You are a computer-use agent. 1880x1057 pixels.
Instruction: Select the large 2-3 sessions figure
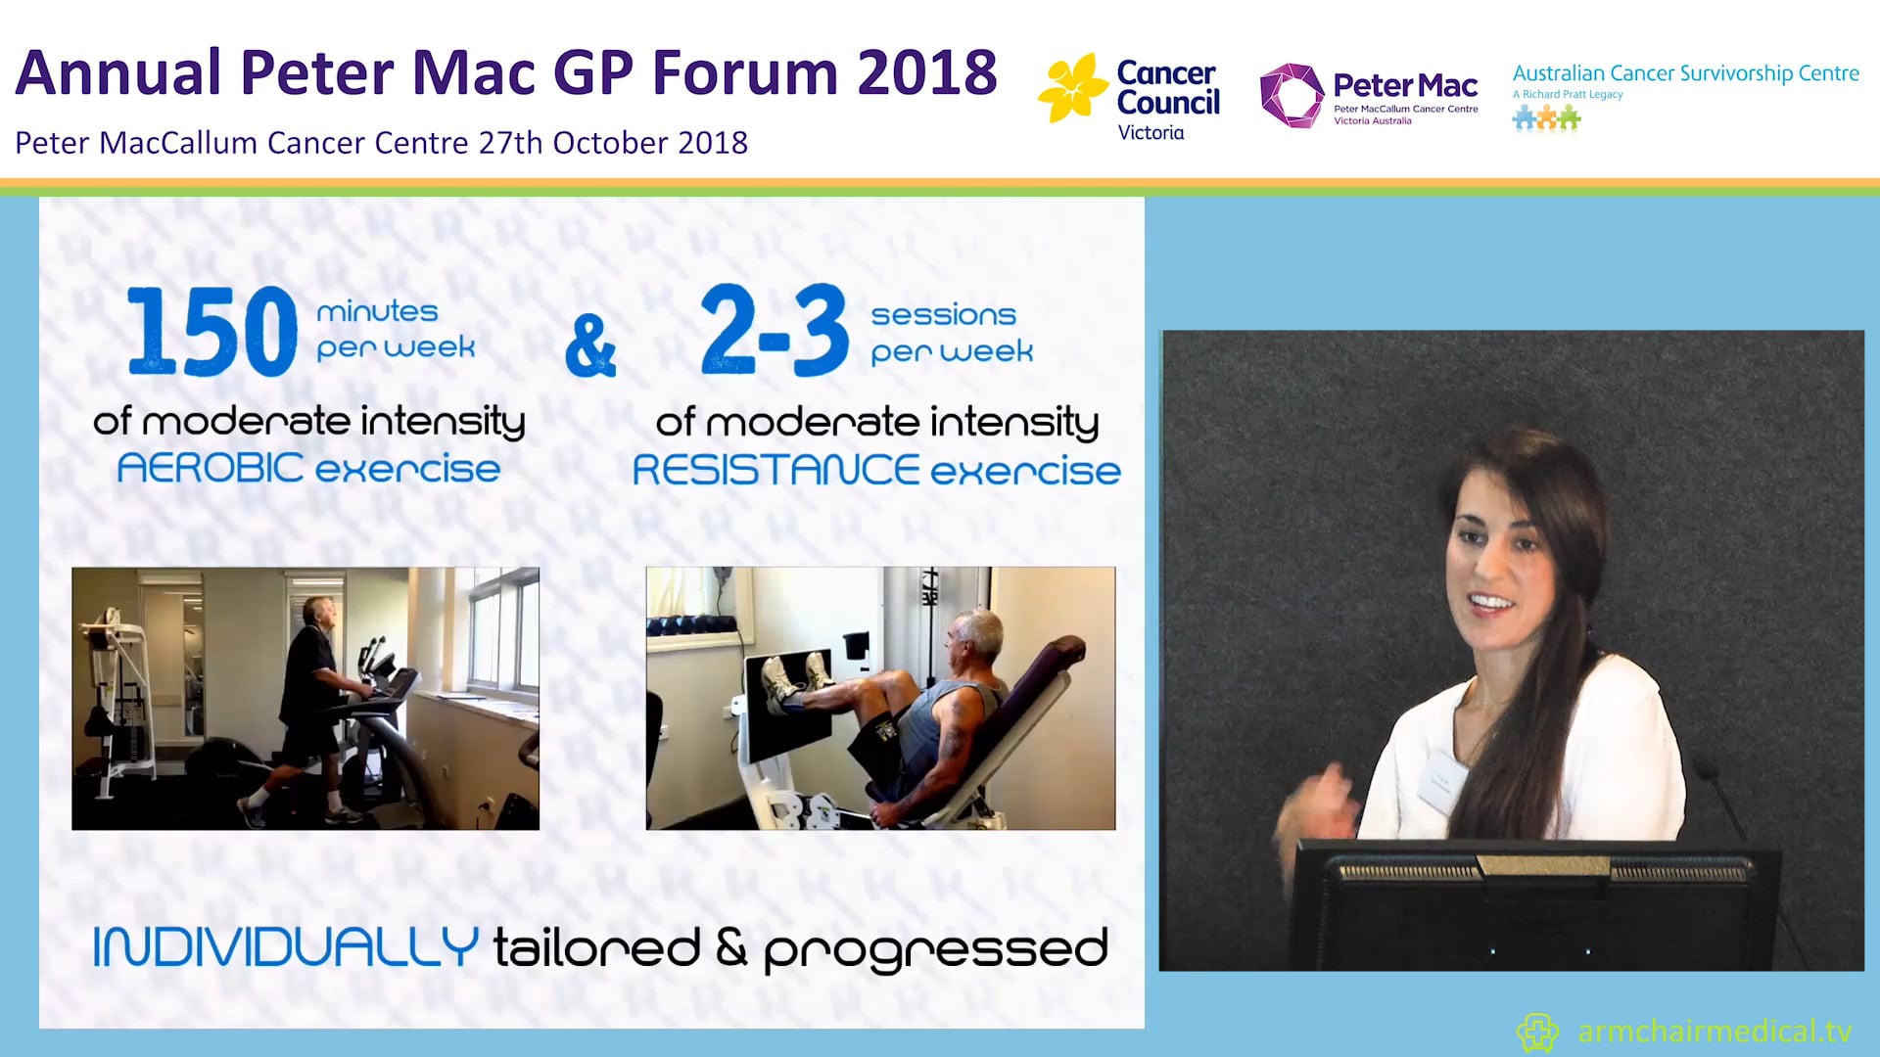pyautogui.click(x=774, y=331)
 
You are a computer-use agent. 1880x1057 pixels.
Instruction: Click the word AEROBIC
pyautogui.click(x=210, y=468)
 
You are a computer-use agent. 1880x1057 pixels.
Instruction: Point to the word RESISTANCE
pyautogui.click(x=775, y=471)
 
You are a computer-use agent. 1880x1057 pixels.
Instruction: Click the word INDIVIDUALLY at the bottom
pyautogui.click(x=285, y=947)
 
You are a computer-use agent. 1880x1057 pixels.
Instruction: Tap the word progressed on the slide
pyautogui.click(x=935, y=949)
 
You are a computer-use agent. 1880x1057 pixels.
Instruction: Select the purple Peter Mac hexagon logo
pyautogui.click(x=1291, y=96)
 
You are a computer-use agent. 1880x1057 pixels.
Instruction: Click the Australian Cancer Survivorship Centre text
pyautogui.click(x=1685, y=73)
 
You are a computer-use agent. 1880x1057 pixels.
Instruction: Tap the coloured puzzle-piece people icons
pyautogui.click(x=1546, y=119)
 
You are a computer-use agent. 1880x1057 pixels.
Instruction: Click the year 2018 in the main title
pyautogui.click(x=926, y=73)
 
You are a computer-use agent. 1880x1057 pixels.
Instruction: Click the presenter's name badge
pyautogui.click(x=1441, y=781)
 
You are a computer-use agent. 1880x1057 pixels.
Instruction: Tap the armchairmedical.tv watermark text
pyautogui.click(x=1714, y=1031)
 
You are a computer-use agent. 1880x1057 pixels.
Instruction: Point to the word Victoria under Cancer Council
pyautogui.click(x=1151, y=133)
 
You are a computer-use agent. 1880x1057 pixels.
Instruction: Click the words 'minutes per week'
pyautogui.click(x=396, y=330)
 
